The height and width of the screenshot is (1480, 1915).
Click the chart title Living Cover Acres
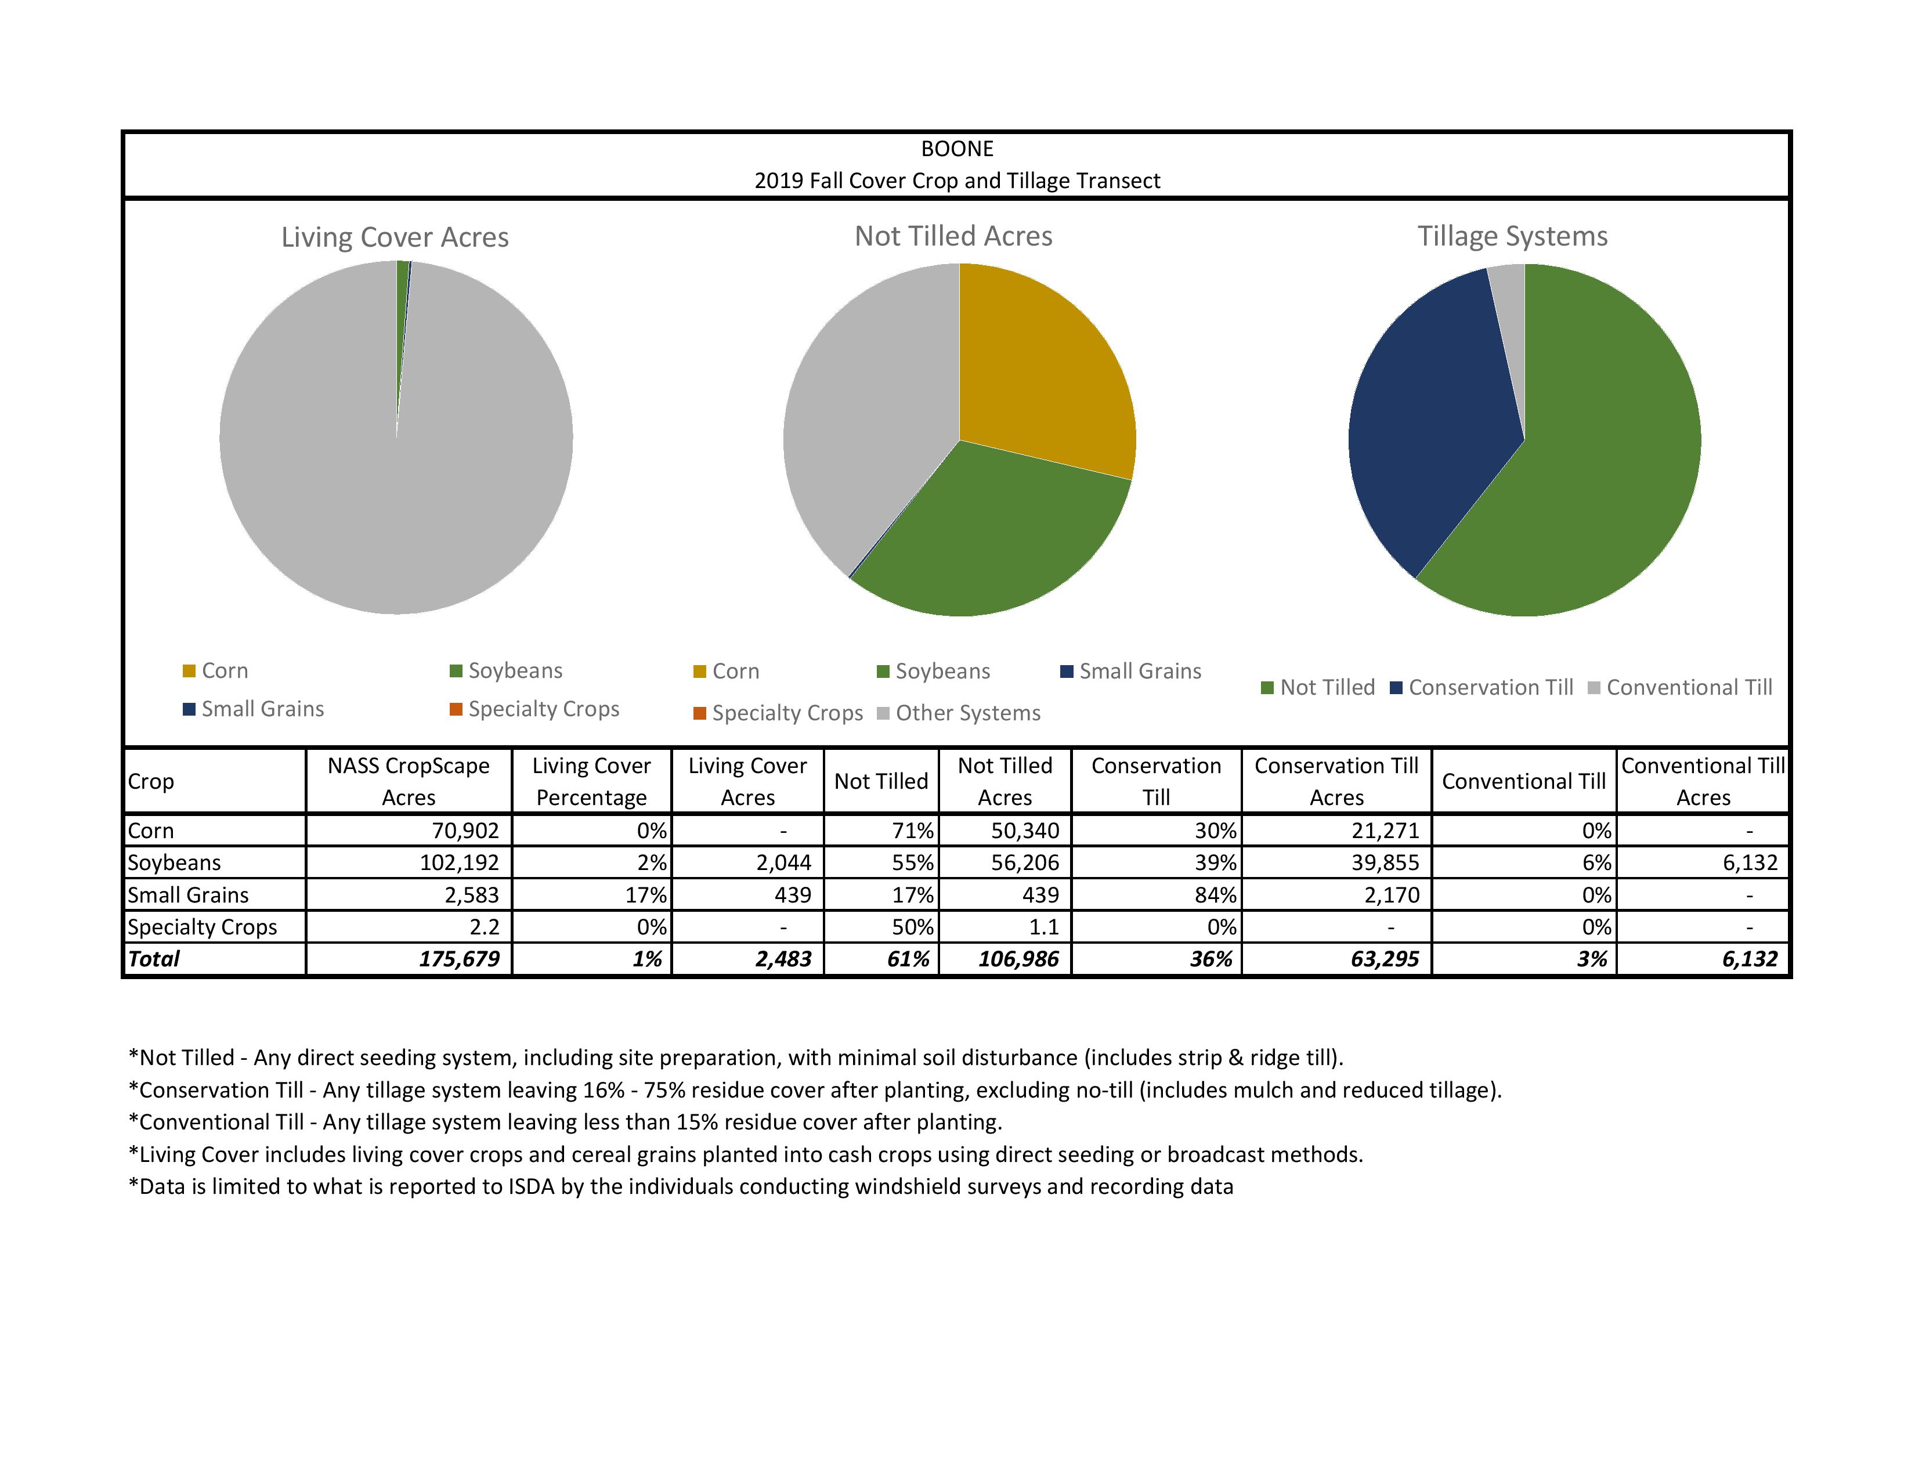(395, 237)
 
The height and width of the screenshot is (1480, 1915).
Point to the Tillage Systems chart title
(1512, 237)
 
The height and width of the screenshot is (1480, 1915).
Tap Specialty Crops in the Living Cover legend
(543, 709)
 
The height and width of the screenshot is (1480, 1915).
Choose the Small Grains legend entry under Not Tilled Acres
(1139, 672)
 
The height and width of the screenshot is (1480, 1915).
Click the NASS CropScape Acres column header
(409, 781)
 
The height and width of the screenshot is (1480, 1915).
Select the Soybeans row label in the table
(175, 862)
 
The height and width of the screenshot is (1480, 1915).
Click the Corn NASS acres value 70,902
(465, 831)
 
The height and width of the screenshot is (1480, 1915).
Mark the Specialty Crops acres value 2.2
(484, 927)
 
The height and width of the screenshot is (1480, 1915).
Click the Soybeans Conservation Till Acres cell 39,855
(1385, 862)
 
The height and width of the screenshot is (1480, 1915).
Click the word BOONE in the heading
(956, 149)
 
